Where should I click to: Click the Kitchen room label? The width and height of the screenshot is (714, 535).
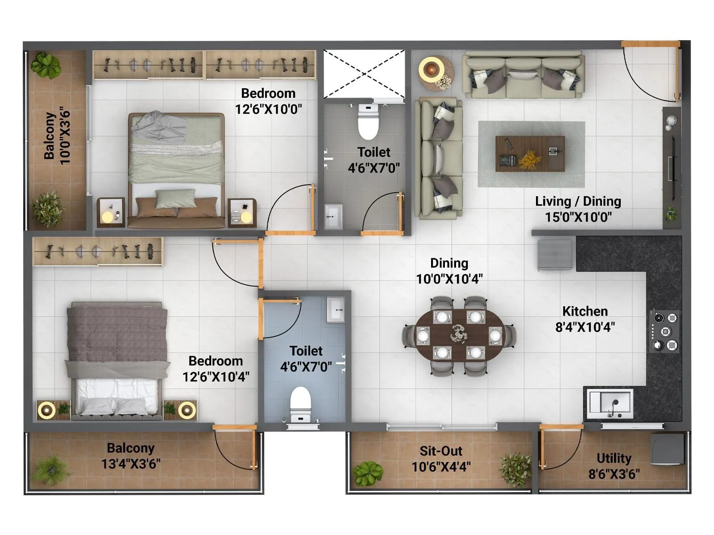pyautogui.click(x=585, y=311)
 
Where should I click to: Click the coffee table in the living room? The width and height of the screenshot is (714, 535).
pyautogui.click(x=530, y=154)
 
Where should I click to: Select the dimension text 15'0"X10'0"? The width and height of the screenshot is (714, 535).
pyautogui.click(x=578, y=217)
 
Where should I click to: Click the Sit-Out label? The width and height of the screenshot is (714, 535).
pyautogui.click(x=441, y=451)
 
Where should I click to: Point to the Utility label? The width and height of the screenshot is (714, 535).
pyautogui.click(x=614, y=458)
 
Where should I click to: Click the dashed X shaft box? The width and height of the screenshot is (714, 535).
pyautogui.click(x=364, y=74)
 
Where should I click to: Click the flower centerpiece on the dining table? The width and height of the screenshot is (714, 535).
pyautogui.click(x=459, y=333)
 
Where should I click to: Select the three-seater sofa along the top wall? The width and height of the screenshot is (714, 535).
pyautogui.click(x=523, y=75)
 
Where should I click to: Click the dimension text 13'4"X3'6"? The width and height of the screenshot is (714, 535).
pyautogui.click(x=130, y=464)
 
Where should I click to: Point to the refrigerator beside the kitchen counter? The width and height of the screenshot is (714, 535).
pyautogui.click(x=555, y=255)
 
